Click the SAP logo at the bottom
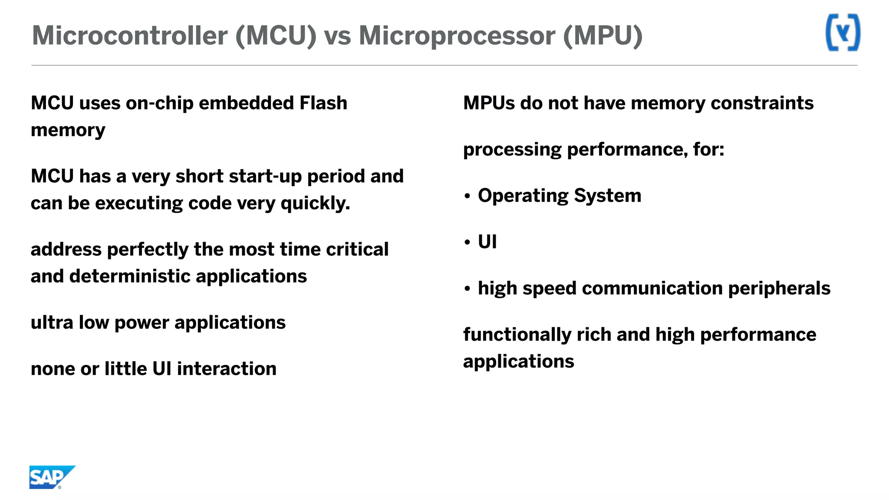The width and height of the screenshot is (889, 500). pos(51,477)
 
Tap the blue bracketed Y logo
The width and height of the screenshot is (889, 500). pos(843,33)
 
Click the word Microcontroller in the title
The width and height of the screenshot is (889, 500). pos(130,36)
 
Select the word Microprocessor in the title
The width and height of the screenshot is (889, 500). pos(457,36)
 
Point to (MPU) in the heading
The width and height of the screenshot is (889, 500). pos(603,36)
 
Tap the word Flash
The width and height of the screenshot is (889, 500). pos(323,103)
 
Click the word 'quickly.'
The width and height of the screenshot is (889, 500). pos(315,203)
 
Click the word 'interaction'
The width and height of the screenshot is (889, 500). pos(227,369)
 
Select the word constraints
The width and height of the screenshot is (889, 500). pos(762,103)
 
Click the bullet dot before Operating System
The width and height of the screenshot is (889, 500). pos(467,196)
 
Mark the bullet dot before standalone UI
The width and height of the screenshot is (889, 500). pos(467,242)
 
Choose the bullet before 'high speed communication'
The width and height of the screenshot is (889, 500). pos(467,289)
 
